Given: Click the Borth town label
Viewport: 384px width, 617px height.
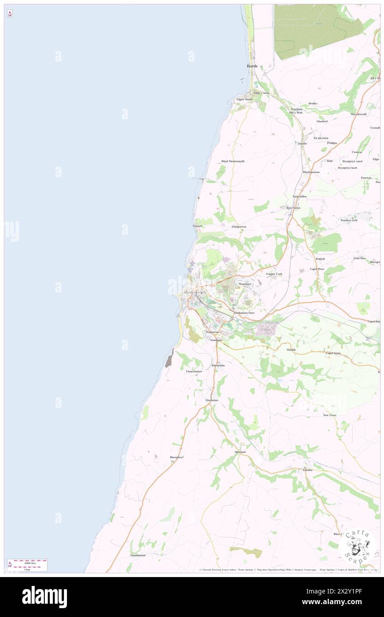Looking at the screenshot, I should click(252, 66).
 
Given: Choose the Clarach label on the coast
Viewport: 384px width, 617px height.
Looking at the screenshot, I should click(197, 226).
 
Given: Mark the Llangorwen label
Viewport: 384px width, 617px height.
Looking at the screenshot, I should click(239, 227).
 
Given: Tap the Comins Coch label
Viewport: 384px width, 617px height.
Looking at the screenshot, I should click(274, 274).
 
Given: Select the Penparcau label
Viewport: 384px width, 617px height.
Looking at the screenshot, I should click(212, 332).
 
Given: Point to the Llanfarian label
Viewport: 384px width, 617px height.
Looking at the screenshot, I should click(212, 400).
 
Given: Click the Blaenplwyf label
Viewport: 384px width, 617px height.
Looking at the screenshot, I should click(176, 457).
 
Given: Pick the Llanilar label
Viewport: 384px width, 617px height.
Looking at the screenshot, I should click(308, 470).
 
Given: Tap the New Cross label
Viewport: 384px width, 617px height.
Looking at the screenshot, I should click(329, 415).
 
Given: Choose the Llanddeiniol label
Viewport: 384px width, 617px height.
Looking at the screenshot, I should click(138, 555).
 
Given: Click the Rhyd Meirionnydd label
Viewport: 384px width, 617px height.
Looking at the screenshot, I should click(233, 161).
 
